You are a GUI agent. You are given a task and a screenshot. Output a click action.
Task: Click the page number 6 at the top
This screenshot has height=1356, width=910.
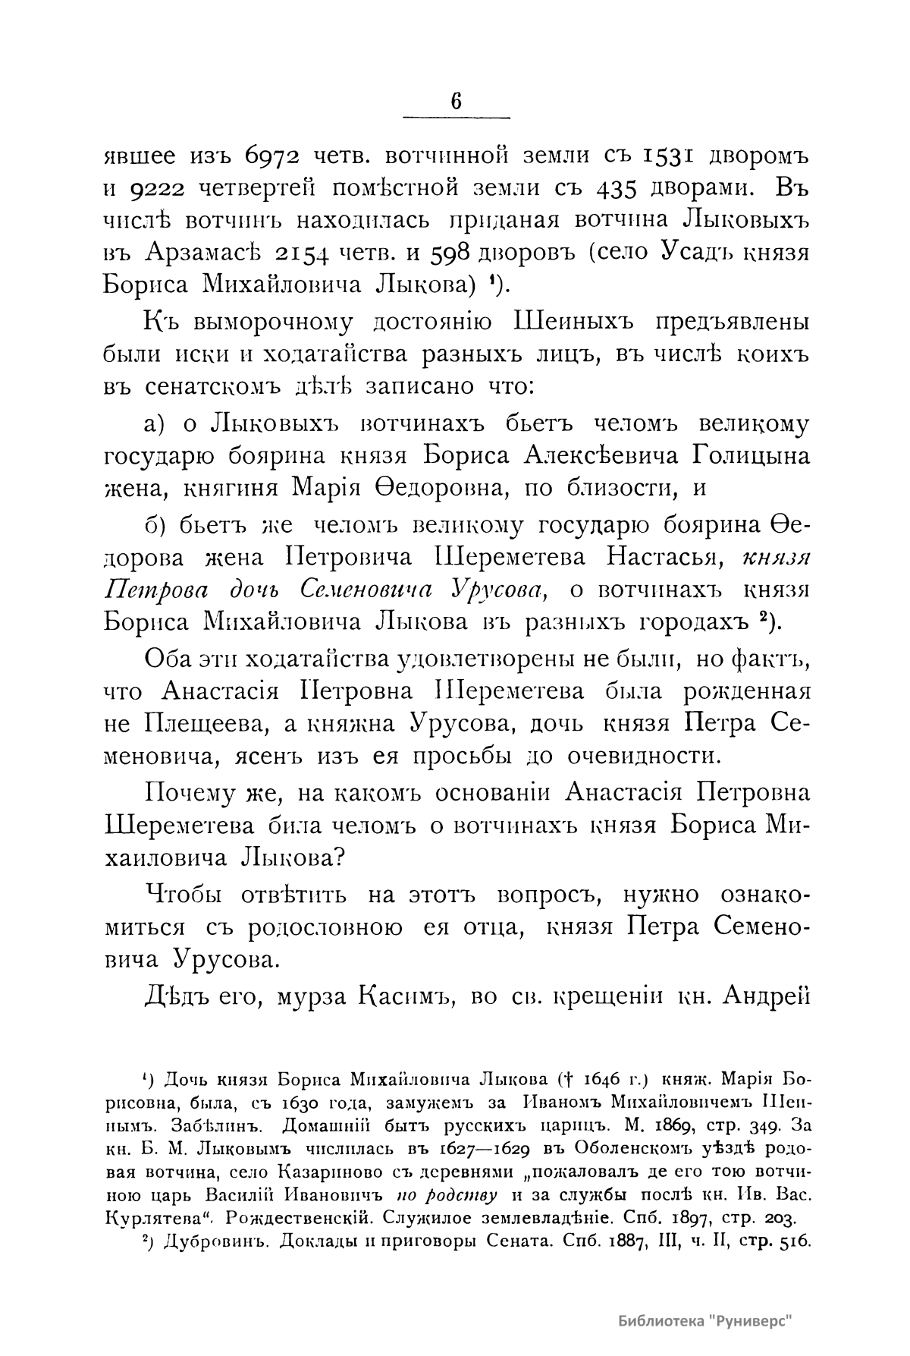(x=456, y=101)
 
